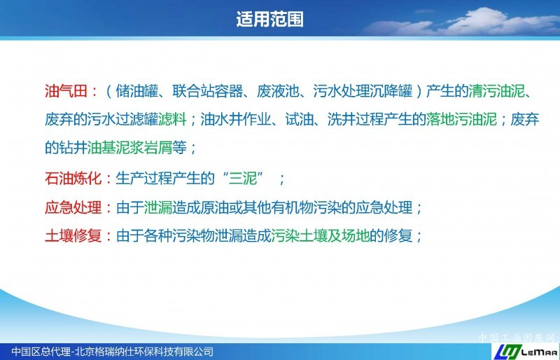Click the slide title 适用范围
[x=269, y=19]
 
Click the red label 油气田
[x=66, y=91]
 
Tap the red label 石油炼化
[x=73, y=178]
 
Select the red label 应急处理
[x=73, y=207]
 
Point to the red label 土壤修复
[x=73, y=235]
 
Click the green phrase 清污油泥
[x=497, y=91]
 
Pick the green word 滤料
[x=172, y=119]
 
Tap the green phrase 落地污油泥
[x=461, y=119]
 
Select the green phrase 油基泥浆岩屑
[x=130, y=147]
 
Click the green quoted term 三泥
[x=243, y=178]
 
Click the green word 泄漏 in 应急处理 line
[x=158, y=207]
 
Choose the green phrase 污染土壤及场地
[x=321, y=235]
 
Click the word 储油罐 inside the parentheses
[x=137, y=91]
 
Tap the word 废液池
[x=278, y=91]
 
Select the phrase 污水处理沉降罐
[x=363, y=91]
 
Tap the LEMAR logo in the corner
[x=526, y=352]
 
